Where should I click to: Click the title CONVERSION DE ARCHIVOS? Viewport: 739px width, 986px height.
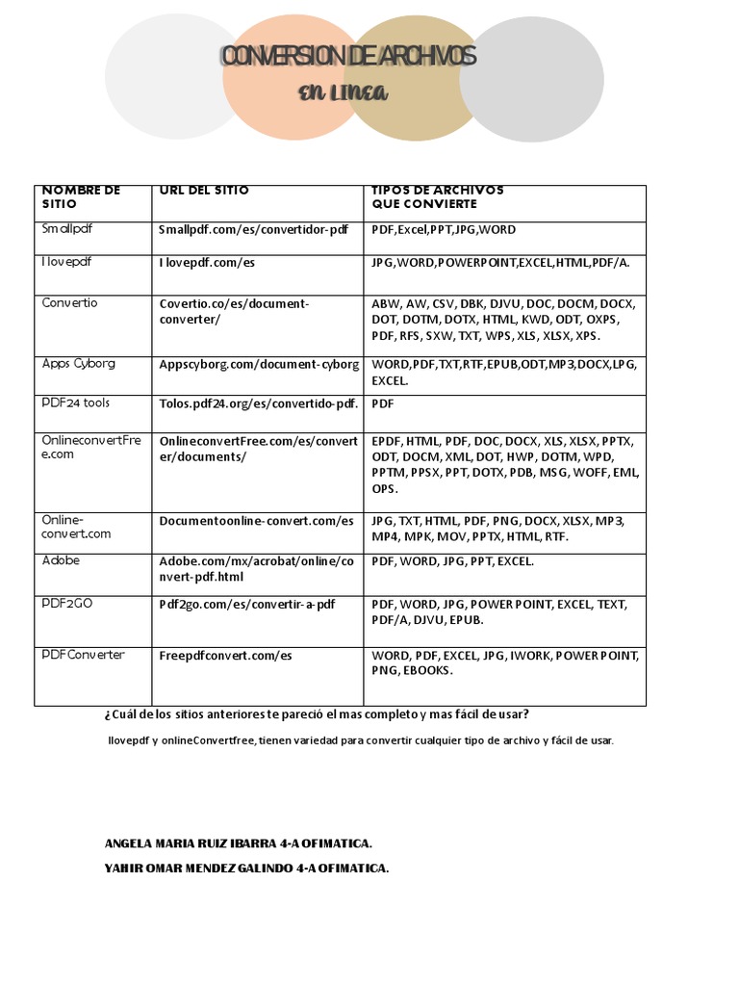point(348,57)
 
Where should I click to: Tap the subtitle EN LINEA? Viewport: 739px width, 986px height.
point(343,92)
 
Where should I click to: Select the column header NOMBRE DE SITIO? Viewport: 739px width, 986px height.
point(81,197)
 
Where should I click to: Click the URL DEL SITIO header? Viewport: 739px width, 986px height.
point(204,191)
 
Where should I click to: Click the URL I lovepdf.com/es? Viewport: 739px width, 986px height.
point(206,262)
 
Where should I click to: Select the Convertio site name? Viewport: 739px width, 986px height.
point(70,302)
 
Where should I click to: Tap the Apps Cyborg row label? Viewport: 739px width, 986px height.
point(79,364)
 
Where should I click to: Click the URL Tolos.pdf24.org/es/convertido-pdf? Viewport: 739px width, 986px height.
point(258,402)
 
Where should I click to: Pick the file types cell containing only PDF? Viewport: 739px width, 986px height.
point(384,402)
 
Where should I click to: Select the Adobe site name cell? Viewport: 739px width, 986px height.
point(61,559)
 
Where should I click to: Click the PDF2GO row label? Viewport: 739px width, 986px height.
point(67,604)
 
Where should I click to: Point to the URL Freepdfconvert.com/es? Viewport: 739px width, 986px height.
point(225,656)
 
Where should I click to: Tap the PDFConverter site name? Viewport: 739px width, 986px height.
point(84,655)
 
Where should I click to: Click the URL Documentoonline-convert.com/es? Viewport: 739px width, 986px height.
point(256,521)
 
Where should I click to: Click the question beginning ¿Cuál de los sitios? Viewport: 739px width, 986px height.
point(316,714)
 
